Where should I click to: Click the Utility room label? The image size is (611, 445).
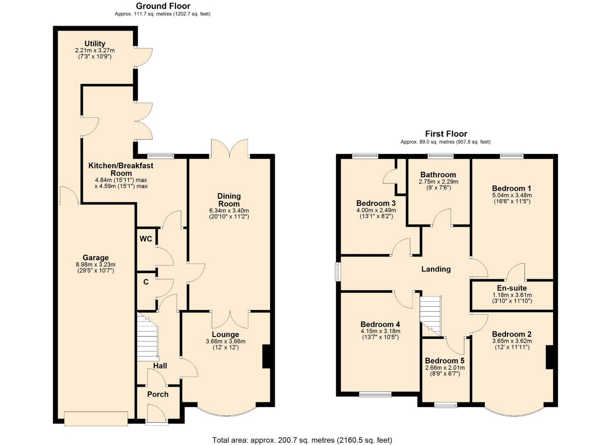click(x=95, y=44)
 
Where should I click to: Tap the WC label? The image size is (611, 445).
click(x=146, y=239)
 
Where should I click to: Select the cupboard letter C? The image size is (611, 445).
click(x=146, y=282)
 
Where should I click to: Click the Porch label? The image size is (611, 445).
click(x=158, y=394)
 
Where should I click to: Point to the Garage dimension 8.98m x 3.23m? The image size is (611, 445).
click(x=95, y=265)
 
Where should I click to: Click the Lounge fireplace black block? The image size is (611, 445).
click(x=266, y=356)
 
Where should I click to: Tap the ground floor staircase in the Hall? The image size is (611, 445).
click(x=148, y=336)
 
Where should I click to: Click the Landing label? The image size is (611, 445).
click(x=436, y=269)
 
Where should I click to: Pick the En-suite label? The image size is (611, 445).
click(x=512, y=288)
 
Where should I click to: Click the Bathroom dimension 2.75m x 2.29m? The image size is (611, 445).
click(x=438, y=182)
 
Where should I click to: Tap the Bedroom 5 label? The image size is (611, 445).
click(x=445, y=361)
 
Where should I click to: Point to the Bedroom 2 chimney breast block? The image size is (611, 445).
click(x=550, y=357)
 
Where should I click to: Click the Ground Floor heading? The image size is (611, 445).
click(x=163, y=6)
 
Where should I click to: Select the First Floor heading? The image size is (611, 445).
click(x=446, y=134)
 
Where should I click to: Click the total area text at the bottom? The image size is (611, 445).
click(x=302, y=440)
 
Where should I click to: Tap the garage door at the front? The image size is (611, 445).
click(x=96, y=419)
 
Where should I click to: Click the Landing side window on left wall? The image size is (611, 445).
click(x=338, y=272)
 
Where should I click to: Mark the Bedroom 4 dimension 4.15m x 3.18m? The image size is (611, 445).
click(x=380, y=331)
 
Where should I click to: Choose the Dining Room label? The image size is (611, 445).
click(x=229, y=200)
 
